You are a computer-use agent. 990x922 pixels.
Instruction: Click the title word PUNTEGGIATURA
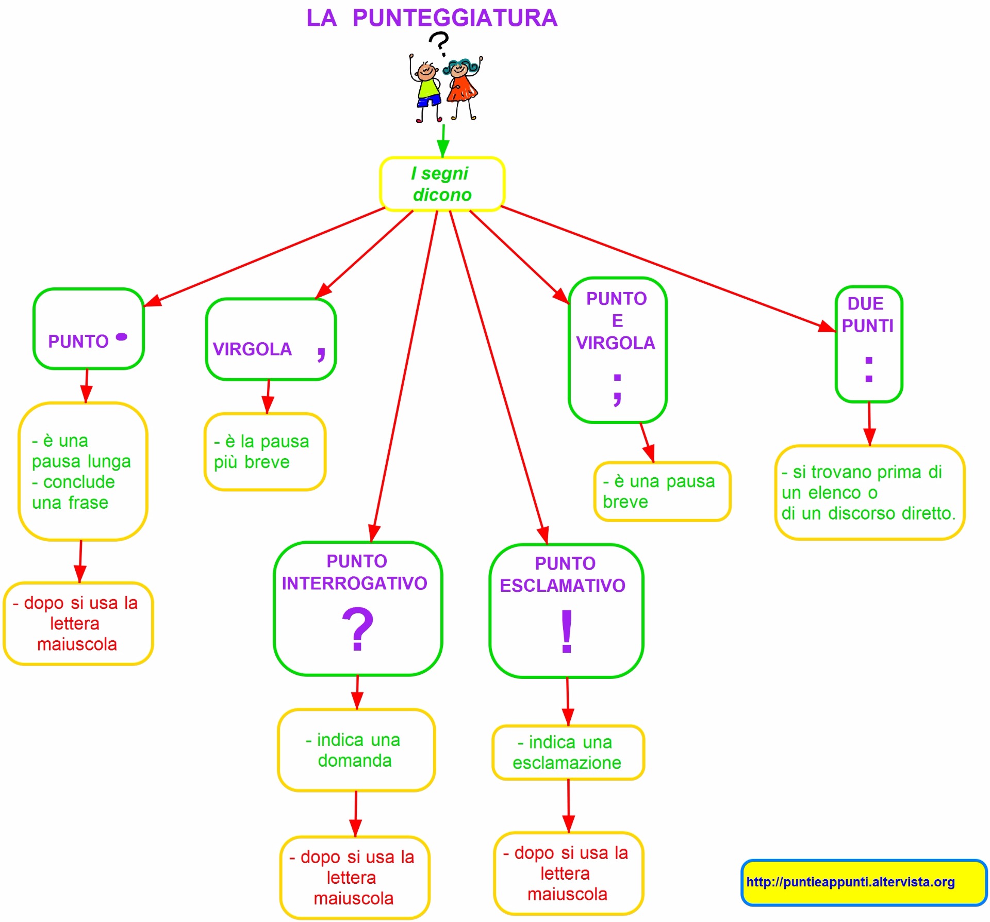[x=455, y=18]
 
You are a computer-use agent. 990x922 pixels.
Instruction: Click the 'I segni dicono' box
[x=442, y=184]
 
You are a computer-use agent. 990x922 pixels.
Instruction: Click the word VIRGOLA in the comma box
[x=252, y=349]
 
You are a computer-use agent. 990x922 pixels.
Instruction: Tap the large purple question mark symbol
[x=357, y=629]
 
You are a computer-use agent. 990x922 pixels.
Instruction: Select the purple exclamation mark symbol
[x=567, y=631]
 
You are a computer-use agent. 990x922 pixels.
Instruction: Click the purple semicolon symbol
[x=617, y=389]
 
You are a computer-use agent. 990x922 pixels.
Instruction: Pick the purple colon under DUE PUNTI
[x=869, y=369]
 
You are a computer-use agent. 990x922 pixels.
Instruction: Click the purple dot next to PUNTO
[x=122, y=337]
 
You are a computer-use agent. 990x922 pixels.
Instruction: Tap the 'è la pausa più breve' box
[x=265, y=451]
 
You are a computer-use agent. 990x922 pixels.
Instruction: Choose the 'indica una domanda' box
[x=356, y=750]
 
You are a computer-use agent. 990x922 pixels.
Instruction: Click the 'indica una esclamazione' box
[x=568, y=753]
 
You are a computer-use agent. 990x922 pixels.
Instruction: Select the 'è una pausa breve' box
[x=662, y=492]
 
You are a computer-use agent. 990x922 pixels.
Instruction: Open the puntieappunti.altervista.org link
[x=850, y=882]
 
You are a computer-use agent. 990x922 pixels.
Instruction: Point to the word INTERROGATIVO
[x=355, y=584]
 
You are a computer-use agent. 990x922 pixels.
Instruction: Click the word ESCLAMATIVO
[x=563, y=586]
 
